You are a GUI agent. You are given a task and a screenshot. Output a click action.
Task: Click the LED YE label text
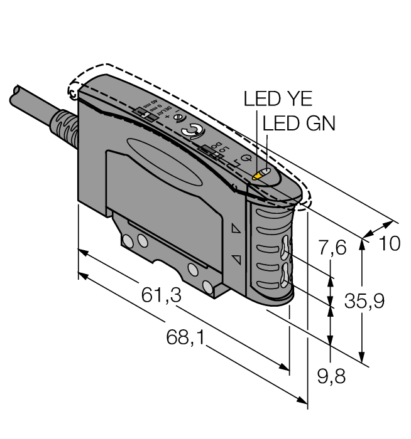[277, 99]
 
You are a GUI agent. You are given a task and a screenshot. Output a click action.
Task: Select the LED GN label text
[299, 123]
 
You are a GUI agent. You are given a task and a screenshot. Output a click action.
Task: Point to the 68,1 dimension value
[189, 339]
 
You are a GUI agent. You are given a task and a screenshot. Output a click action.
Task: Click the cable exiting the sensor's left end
[25, 103]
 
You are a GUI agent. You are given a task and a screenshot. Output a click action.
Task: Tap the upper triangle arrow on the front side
[236, 230]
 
